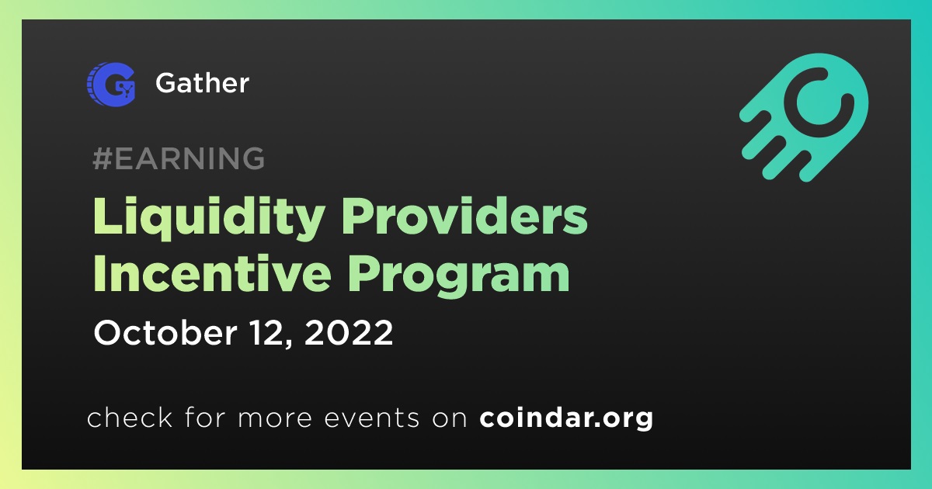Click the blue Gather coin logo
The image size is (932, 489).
111,84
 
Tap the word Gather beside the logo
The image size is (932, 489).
202,83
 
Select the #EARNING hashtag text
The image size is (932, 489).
179,158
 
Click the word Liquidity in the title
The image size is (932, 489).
209,219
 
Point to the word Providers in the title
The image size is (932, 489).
464,217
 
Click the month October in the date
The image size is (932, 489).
165,333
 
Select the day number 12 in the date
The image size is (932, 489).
267,333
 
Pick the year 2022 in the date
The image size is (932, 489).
349,333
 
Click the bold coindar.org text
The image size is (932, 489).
566,418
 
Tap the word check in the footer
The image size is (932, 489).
130,418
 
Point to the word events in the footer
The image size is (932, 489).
371,418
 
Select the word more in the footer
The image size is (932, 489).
275,419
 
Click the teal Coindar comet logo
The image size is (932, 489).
804,118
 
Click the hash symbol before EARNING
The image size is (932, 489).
103,158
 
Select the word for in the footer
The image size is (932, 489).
205,418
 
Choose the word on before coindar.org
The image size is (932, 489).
450,419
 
